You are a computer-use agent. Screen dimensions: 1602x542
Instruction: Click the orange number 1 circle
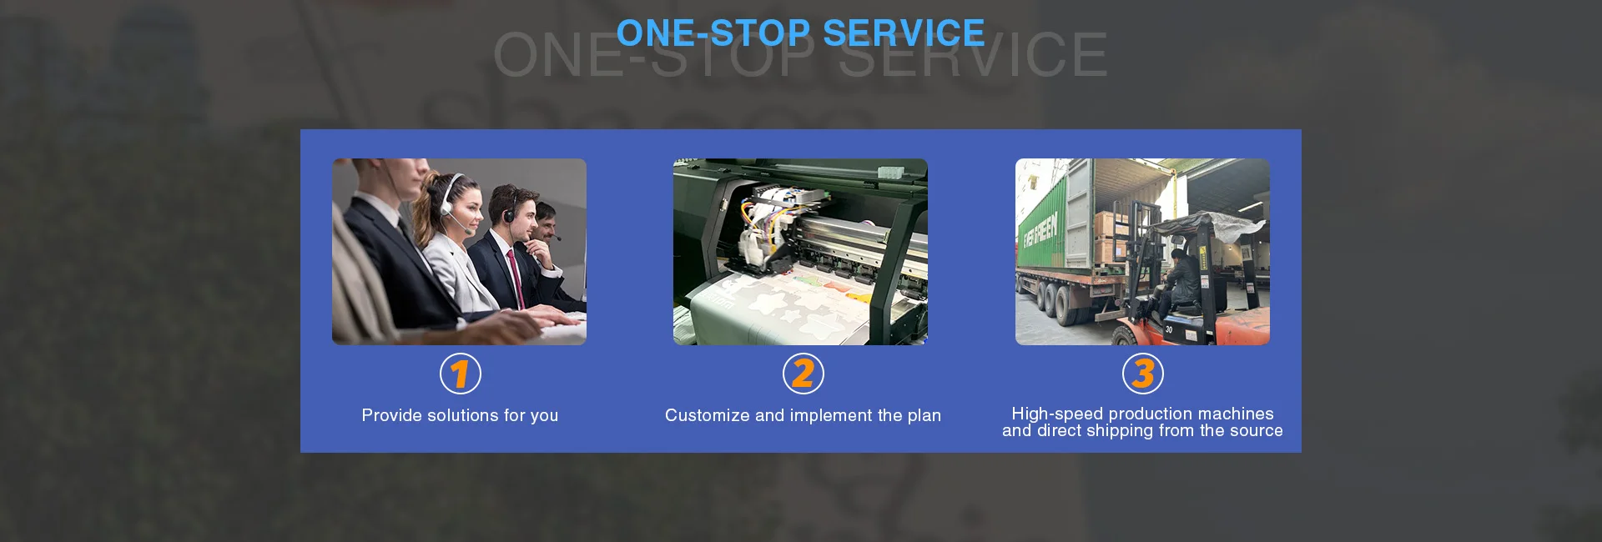(461, 374)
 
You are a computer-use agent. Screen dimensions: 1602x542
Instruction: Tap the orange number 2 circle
(803, 374)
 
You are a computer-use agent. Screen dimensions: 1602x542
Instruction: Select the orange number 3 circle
(1143, 374)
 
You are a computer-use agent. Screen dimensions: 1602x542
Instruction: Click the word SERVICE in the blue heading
(904, 33)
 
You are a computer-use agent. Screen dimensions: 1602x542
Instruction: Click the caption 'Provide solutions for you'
(460, 415)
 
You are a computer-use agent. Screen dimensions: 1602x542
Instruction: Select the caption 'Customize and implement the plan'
(803, 415)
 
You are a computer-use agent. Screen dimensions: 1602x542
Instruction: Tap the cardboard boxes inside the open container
(1110, 237)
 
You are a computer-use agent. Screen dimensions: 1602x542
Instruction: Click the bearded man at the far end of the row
(547, 225)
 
